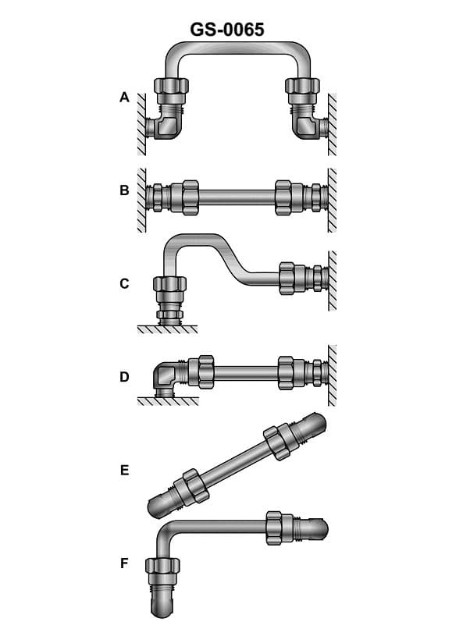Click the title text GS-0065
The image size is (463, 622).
tap(227, 30)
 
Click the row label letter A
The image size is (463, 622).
tap(123, 98)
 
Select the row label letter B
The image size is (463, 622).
tap(123, 190)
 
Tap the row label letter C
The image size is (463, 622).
tap(123, 283)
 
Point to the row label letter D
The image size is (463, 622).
tap(123, 377)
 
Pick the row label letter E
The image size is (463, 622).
tap(123, 471)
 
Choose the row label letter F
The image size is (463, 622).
tap(123, 563)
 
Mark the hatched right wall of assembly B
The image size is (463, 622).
tap(333, 199)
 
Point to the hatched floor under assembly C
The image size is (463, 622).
tap(167, 329)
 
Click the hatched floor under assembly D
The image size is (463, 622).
tap(167, 401)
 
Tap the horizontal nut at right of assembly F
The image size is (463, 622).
tap(274, 528)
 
